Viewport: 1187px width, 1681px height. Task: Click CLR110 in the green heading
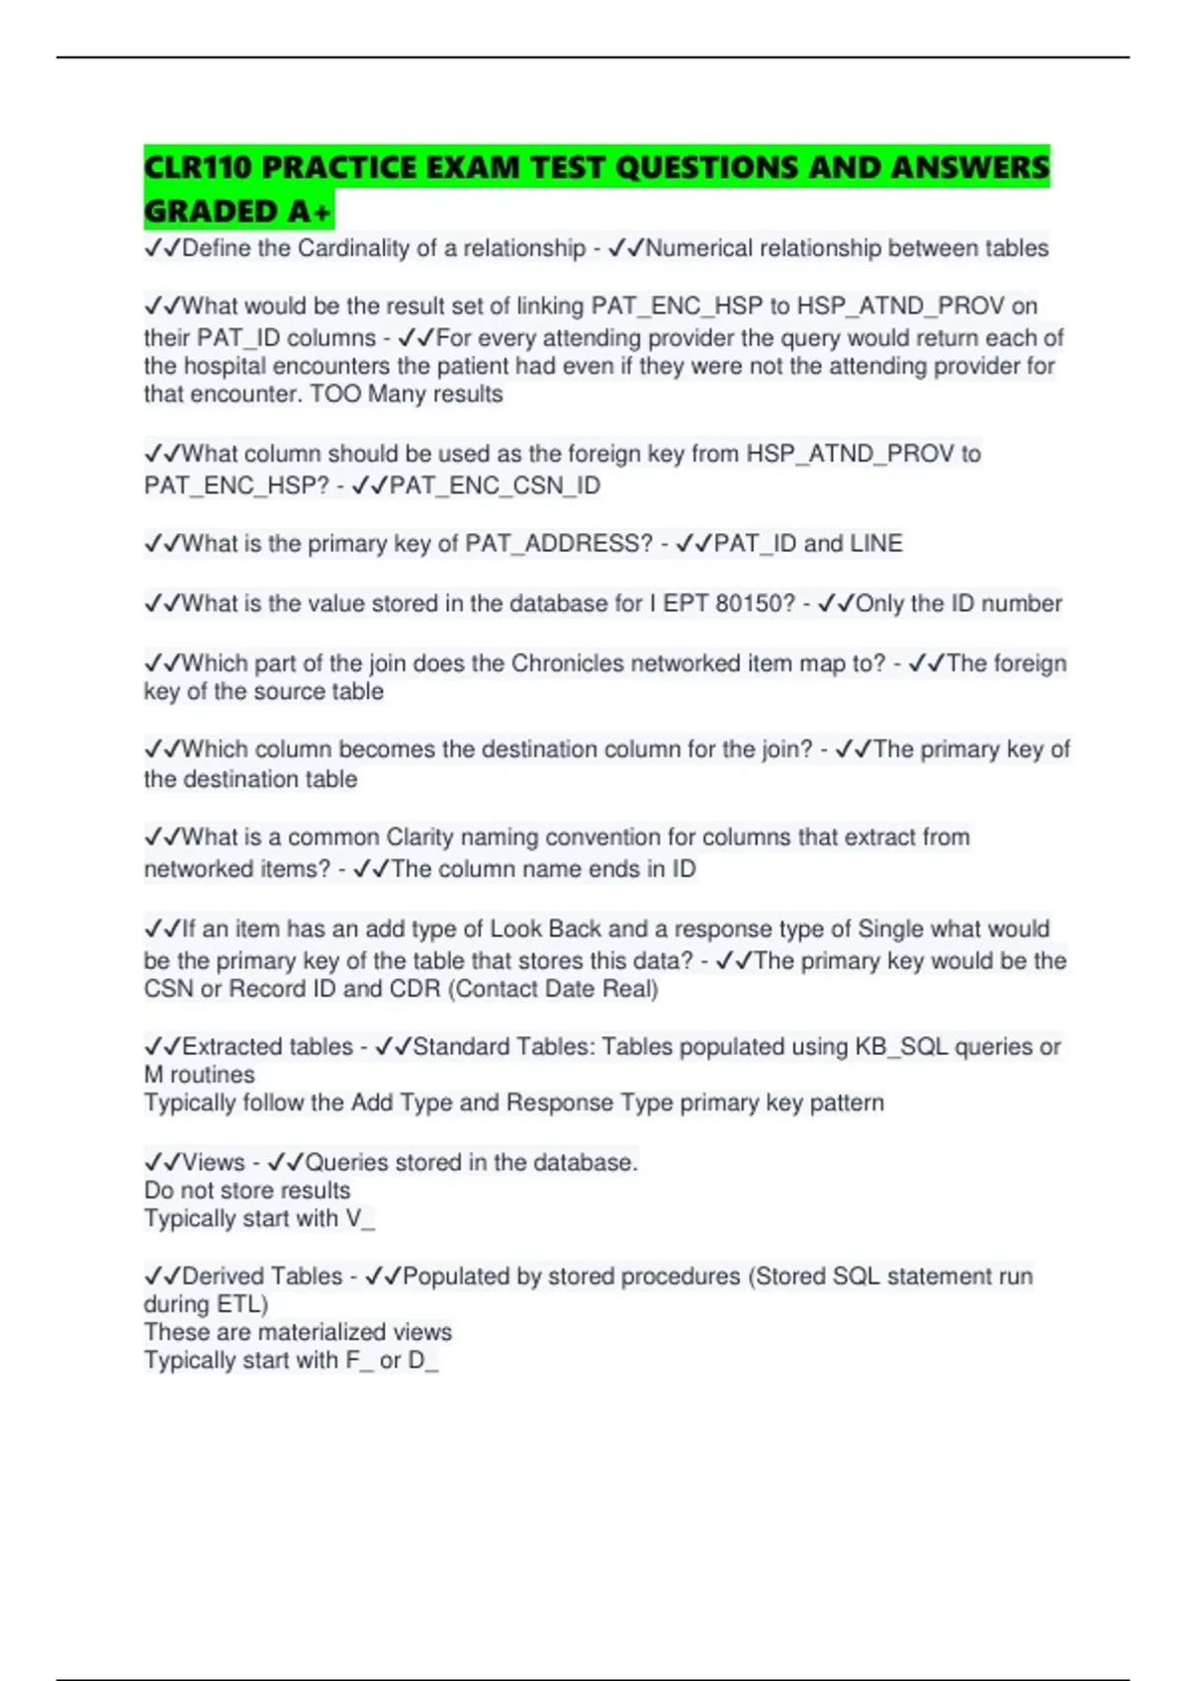(197, 168)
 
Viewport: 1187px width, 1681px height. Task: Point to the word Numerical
(698, 248)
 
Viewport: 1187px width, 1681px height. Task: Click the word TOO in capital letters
(334, 394)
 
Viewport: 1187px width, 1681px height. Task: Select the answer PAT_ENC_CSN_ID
(495, 486)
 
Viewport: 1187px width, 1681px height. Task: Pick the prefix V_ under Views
(360, 1218)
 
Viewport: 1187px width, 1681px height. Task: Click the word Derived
(222, 1277)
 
